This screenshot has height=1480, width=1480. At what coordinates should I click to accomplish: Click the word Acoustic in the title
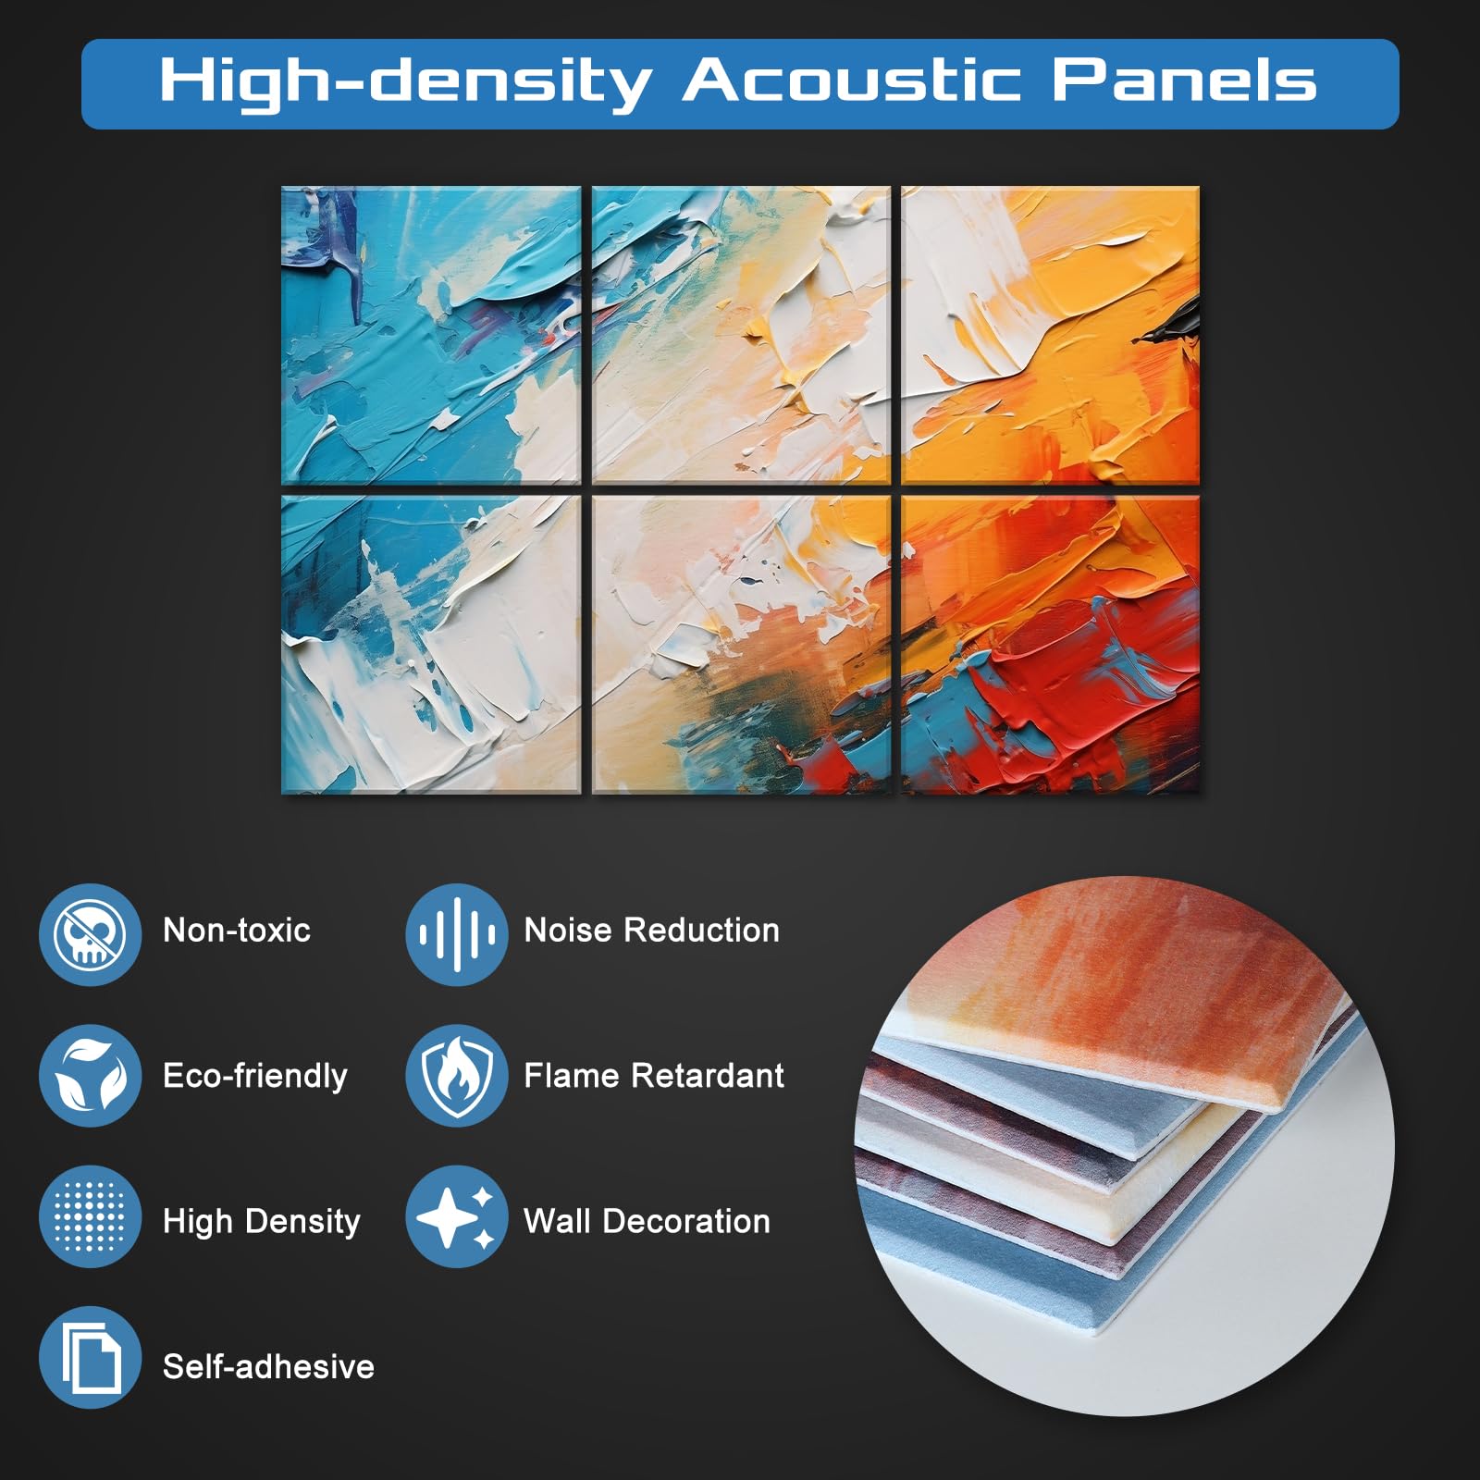click(852, 80)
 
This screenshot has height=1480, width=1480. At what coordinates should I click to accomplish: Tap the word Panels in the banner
click(1184, 80)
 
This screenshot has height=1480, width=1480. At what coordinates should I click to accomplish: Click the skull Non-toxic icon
click(90, 934)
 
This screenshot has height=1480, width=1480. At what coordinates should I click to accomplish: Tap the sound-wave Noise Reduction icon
click(456, 934)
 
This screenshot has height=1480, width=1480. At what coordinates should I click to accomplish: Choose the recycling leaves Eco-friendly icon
click(90, 1076)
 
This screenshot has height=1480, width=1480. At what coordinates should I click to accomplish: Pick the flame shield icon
click(456, 1076)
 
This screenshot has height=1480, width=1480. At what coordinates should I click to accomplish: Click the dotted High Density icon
click(90, 1216)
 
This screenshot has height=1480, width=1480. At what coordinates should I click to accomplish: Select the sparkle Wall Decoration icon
click(456, 1216)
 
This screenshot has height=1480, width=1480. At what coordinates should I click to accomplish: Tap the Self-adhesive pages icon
click(90, 1357)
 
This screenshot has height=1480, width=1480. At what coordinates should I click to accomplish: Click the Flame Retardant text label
click(654, 1076)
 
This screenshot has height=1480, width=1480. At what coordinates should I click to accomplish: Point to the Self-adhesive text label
click(268, 1366)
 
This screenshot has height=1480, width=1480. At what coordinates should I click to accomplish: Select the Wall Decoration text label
click(647, 1221)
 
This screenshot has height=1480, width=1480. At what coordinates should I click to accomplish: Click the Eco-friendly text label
click(255, 1077)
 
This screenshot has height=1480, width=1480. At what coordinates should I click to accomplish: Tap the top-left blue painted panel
click(431, 335)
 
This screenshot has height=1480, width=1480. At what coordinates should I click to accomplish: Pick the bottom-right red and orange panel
click(1051, 645)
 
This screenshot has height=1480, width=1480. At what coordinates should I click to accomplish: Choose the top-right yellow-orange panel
click(1051, 335)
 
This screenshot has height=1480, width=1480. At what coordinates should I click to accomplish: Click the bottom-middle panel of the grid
click(741, 645)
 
